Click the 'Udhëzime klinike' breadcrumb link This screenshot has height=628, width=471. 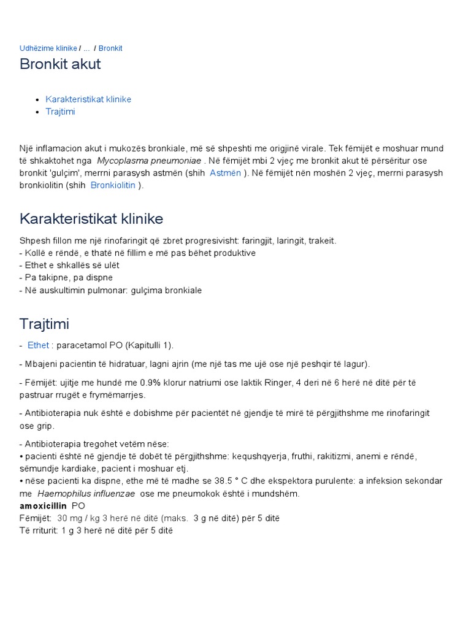click(x=48, y=48)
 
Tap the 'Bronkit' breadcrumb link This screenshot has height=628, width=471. click(x=110, y=48)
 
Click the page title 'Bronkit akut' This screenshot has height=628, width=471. click(x=60, y=64)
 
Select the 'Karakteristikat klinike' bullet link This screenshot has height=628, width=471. click(x=88, y=99)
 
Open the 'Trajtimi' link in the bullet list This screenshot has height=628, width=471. click(x=60, y=112)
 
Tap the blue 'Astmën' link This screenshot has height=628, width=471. click(x=225, y=173)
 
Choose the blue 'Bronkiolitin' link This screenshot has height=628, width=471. click(x=113, y=185)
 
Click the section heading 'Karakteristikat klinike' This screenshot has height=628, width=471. click(x=91, y=219)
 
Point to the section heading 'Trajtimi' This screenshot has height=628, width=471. click(x=44, y=323)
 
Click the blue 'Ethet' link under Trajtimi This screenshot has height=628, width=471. click(x=38, y=345)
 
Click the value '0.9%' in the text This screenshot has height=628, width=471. click(x=151, y=383)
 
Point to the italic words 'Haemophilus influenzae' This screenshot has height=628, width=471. click(x=86, y=494)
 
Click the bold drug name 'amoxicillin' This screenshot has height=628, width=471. click(x=43, y=506)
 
